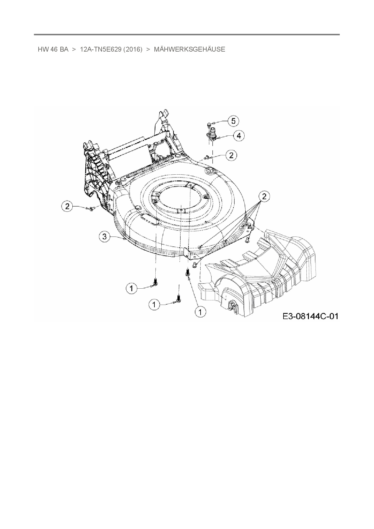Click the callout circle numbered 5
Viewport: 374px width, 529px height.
233,121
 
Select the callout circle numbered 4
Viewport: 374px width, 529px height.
239,136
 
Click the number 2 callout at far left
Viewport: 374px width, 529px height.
67,207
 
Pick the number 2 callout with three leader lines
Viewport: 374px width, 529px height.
264,197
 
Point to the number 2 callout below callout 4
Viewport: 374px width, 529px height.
231,155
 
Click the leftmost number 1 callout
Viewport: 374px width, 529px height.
131,289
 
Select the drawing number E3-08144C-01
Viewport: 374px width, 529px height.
310,316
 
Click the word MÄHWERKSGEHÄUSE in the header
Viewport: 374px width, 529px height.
189,49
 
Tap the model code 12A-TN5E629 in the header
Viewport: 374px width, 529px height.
101,49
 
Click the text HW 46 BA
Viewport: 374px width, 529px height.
53,49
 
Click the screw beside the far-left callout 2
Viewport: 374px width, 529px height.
92,208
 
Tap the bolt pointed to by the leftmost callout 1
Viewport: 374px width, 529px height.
156,282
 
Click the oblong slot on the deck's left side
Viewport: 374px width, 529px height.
150,219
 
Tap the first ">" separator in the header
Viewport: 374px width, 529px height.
74,49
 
